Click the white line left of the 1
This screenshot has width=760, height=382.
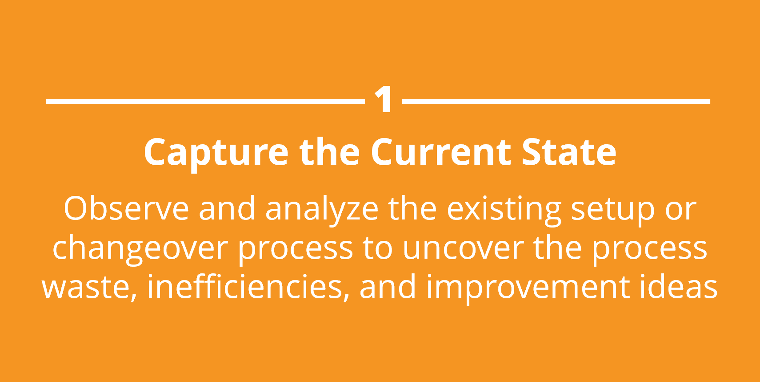[205, 101]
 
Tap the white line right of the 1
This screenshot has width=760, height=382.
[556, 101]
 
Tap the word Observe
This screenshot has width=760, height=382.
[126, 208]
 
